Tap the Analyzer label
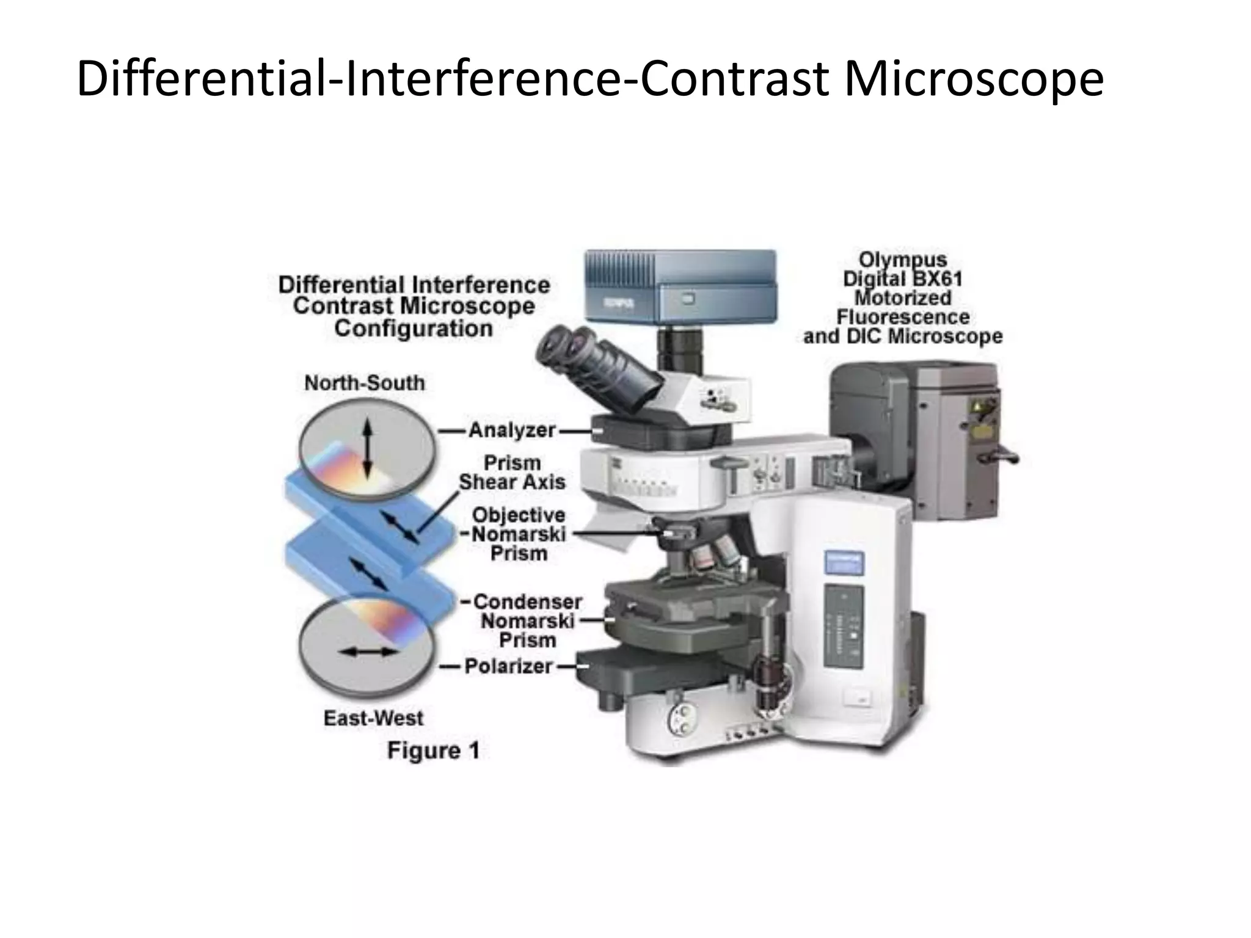point(512,431)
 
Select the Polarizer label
point(508,666)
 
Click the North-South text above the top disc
point(365,383)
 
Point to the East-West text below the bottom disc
point(373,718)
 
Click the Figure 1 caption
point(433,751)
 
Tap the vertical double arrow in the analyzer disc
point(367,451)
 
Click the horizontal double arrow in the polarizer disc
point(368,652)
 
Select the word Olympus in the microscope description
point(903,260)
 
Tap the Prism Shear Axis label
point(512,472)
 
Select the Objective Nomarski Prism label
point(519,534)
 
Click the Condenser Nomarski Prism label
point(527,621)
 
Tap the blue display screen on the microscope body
point(843,562)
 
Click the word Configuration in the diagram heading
point(414,329)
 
